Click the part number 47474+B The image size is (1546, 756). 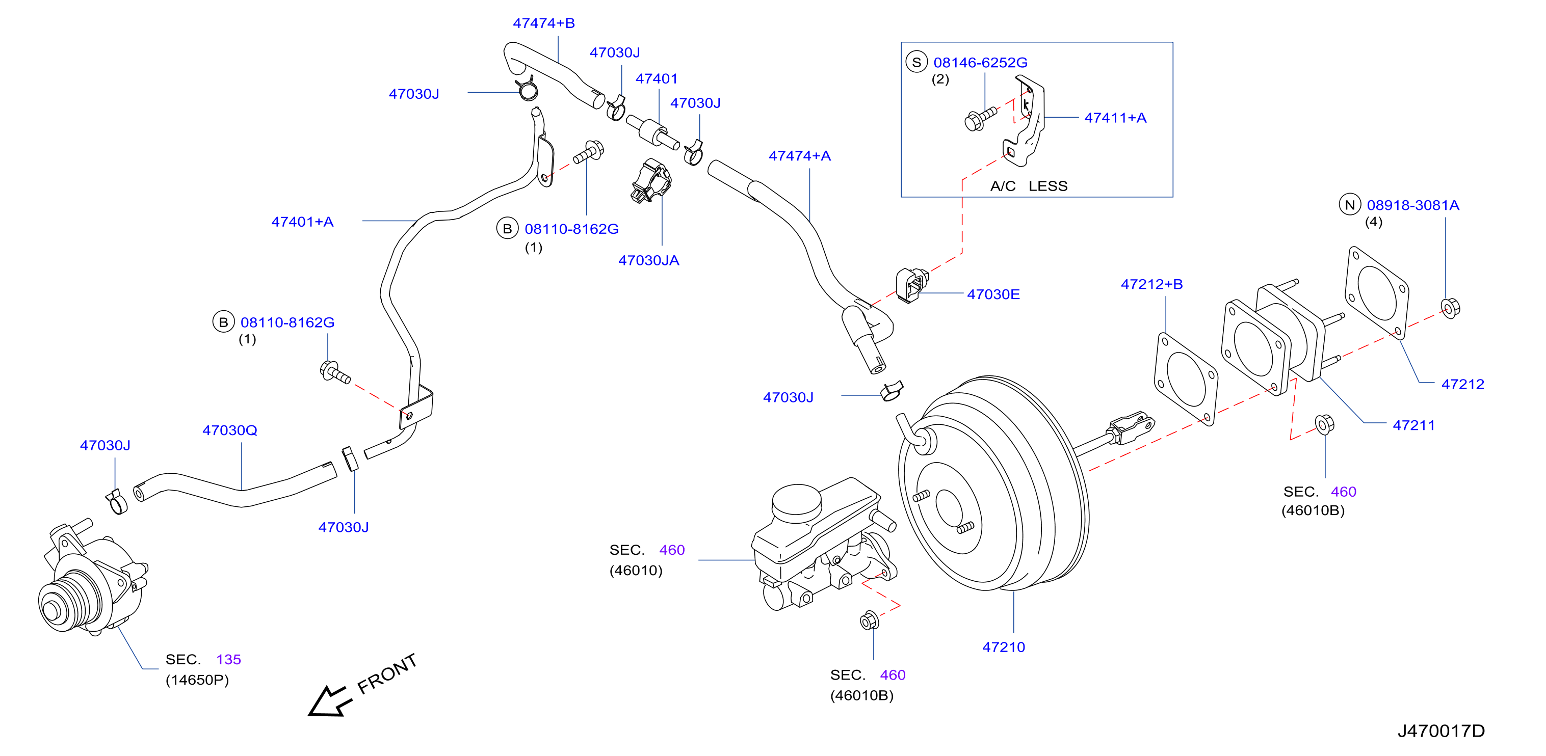coord(544,23)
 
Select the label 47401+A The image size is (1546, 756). coord(302,222)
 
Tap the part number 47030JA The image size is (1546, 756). coord(649,260)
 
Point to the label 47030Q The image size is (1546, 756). coord(230,430)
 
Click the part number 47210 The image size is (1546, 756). coord(1004,647)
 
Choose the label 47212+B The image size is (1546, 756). coord(1151,284)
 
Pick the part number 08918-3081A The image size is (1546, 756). coord(1413,205)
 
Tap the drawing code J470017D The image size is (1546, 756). coord(1441,731)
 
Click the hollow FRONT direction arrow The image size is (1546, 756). coord(328,701)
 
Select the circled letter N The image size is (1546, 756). coord(1350,205)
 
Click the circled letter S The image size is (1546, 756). coord(916,62)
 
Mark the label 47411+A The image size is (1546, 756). coord(1115,118)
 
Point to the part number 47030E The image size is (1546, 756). coord(993,294)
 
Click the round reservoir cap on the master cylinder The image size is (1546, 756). coord(796,502)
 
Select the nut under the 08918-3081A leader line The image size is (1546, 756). coord(1451,308)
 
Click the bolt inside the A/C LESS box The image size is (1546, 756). coord(980,118)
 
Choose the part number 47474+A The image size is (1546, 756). coord(800,156)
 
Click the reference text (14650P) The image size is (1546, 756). coord(197,680)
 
